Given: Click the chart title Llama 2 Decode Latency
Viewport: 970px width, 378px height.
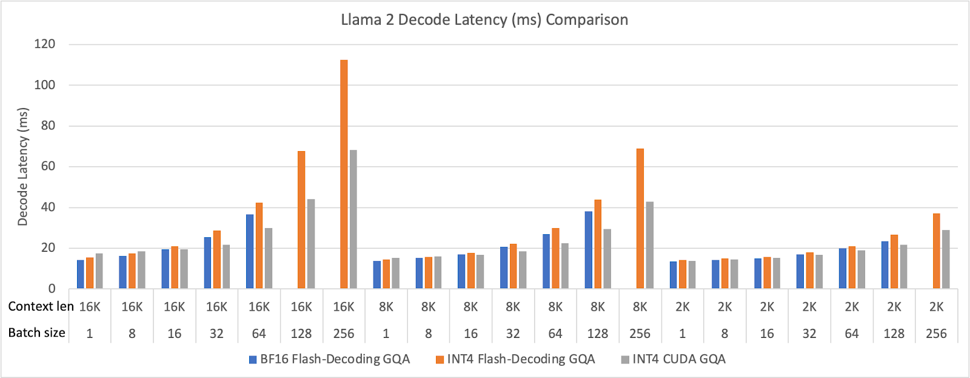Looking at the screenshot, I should coord(484,20).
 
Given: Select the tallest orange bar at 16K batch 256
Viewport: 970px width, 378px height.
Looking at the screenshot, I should coord(344,176).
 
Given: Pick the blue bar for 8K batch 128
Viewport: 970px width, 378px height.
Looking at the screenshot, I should coord(589,250).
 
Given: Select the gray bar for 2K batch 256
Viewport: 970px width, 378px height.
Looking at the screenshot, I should coord(946,260).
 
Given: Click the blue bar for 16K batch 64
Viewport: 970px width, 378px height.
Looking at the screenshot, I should coord(250,252).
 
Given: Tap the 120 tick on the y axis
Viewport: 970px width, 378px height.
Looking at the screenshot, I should coord(45,44).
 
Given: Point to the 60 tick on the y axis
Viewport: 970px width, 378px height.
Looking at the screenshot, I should coord(48,166).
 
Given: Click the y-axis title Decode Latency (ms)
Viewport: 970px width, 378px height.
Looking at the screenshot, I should coord(23,167).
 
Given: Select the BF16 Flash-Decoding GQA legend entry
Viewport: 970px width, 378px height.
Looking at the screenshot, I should coord(329,359).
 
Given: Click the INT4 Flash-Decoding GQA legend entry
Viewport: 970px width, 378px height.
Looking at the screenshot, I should coord(515,359).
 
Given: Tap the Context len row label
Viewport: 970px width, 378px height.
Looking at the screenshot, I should coord(41,306).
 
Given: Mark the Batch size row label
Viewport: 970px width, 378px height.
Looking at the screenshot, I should coord(36,333).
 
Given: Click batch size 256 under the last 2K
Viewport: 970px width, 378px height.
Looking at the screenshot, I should coord(936,334).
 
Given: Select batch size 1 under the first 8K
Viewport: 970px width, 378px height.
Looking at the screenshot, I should coord(386,334).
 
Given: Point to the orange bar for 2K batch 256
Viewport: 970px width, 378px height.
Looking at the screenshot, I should coord(936,251).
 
